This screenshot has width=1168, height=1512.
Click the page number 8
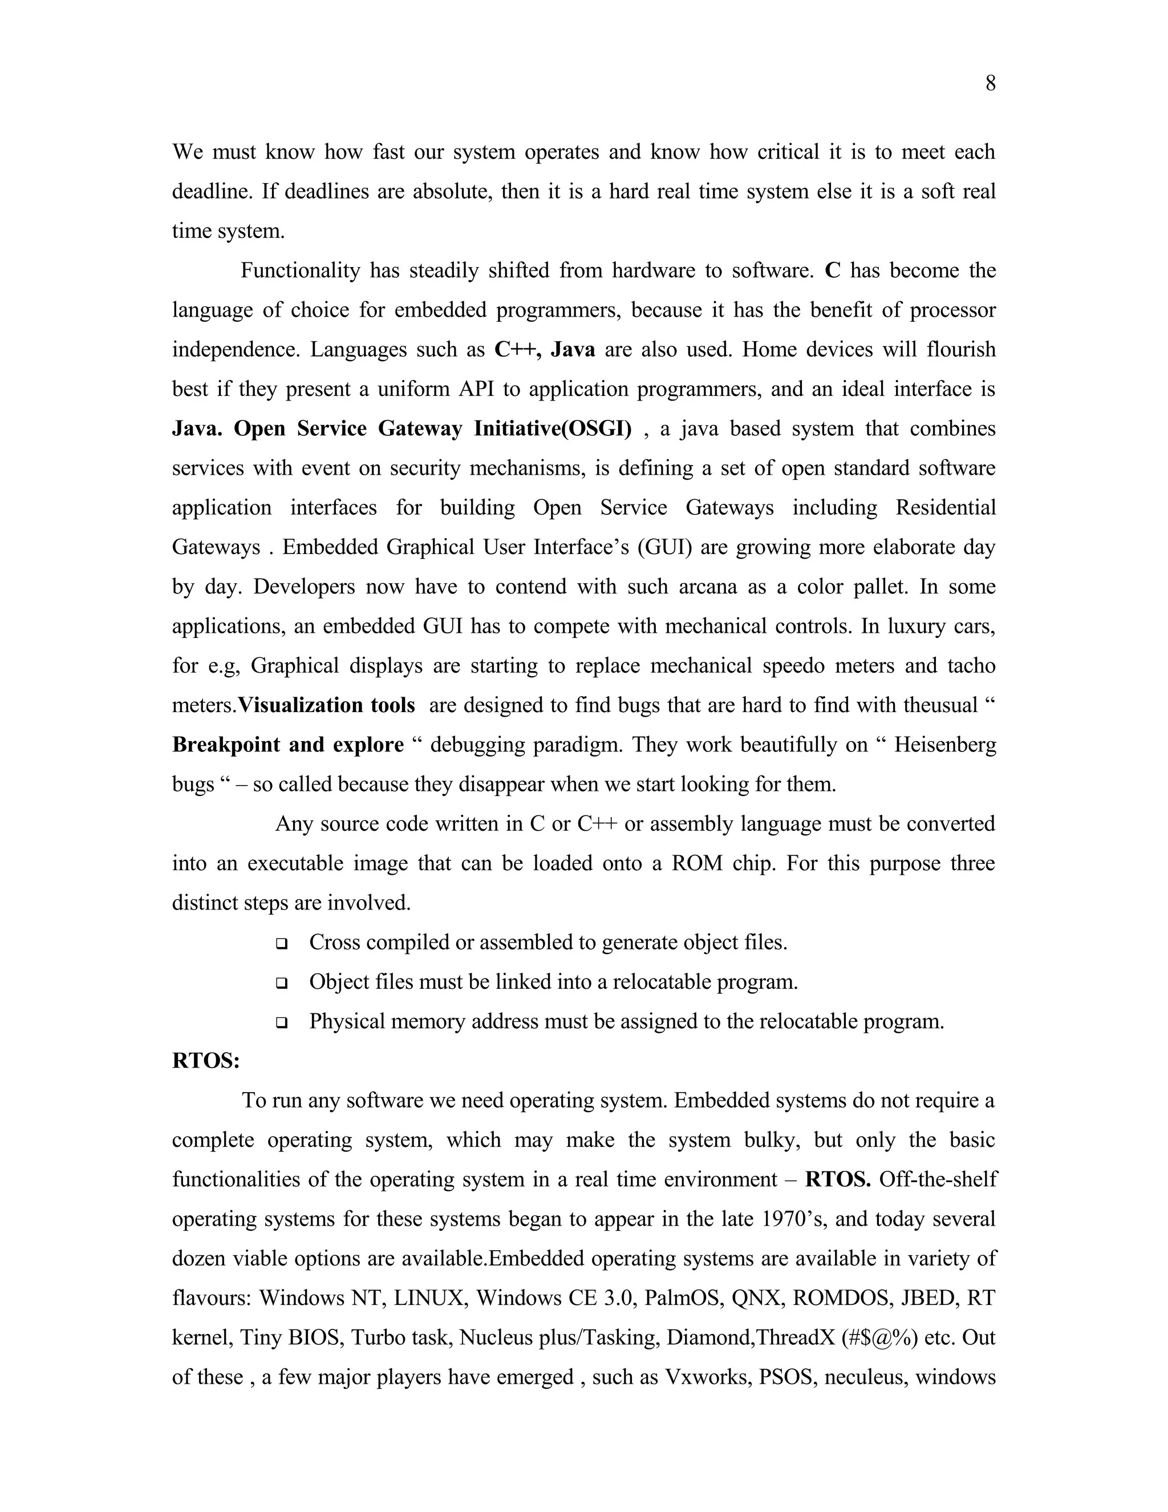click(990, 84)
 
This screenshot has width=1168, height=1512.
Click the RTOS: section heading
click(205, 1061)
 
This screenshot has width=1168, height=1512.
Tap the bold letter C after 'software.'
click(833, 270)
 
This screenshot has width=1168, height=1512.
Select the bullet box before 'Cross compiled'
click(282, 944)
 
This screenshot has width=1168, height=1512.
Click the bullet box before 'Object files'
click(282, 983)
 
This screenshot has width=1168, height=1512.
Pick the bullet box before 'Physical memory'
click(282, 1022)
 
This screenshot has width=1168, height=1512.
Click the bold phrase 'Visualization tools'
click(327, 705)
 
